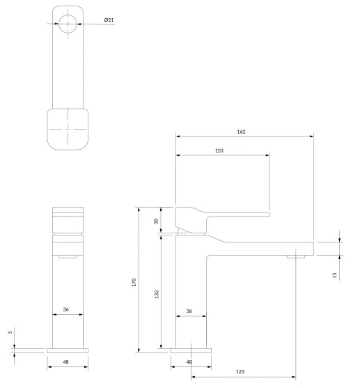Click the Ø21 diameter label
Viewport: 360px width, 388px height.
point(109,20)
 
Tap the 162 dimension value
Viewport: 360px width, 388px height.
point(241,132)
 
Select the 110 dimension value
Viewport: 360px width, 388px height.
point(219,150)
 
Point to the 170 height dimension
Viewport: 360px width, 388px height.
point(134,282)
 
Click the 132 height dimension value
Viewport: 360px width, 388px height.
point(157,294)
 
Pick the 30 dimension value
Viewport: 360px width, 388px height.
point(156,221)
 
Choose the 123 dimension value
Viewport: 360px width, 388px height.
point(240,371)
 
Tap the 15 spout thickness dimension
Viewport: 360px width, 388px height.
point(335,275)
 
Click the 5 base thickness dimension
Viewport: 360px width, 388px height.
point(10,332)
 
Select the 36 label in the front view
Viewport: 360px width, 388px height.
point(65,309)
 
